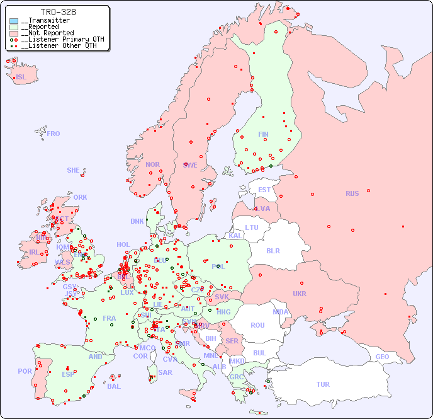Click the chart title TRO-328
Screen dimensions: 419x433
tap(58, 12)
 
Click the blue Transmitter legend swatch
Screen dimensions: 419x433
tap(14, 21)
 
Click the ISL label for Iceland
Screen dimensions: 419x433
tap(21, 77)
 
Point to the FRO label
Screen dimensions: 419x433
tap(53, 134)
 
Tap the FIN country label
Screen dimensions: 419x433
tap(263, 134)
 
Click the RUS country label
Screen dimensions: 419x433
tap(352, 193)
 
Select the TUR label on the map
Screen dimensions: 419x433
tap(323, 384)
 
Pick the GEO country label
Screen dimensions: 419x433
tap(382, 357)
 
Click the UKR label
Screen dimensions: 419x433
tap(299, 294)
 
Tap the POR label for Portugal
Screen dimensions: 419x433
tap(25, 371)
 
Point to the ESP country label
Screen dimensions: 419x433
tap(68, 374)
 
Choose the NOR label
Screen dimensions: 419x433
tap(152, 164)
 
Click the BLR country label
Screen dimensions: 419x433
tap(273, 250)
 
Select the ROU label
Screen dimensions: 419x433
tap(257, 325)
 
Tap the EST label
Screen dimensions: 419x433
tap(264, 190)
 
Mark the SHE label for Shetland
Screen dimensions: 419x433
tap(74, 170)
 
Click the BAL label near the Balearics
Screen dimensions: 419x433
tap(114, 386)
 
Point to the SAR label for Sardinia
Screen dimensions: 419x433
tap(166, 372)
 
